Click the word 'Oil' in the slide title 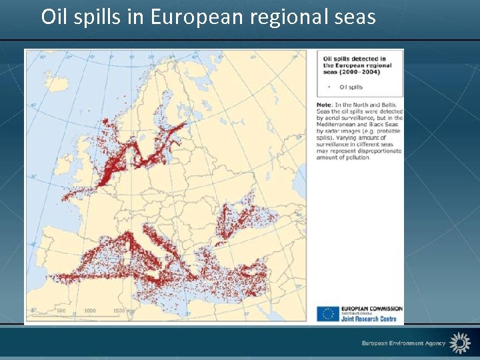[x=53, y=16]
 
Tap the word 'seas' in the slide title [x=356, y=16]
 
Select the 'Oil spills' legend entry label [x=351, y=87]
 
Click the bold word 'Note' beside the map [x=324, y=105]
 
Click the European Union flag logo [x=327, y=313]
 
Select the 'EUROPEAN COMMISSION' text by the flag [x=371, y=309]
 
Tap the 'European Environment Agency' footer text [x=403, y=343]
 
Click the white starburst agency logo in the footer [x=460, y=343]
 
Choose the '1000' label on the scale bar [x=89, y=311]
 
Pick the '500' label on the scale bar [x=61, y=311]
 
